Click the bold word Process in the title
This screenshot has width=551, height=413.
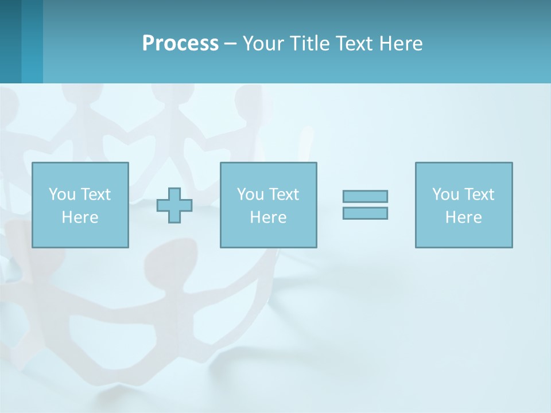[180, 44]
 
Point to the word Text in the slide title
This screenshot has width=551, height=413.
[354, 44]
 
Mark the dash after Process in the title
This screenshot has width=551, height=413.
[231, 44]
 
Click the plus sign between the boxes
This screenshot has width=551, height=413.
[174, 205]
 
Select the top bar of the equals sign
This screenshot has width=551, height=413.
[365, 196]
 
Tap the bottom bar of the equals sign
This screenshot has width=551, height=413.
[365, 213]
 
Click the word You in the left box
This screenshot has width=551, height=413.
[62, 194]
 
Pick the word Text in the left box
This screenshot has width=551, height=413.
[95, 194]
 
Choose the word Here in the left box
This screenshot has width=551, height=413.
[80, 217]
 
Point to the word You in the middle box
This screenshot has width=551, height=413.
[250, 194]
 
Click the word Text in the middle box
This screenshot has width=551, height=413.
[284, 194]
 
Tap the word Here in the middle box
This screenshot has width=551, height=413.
[268, 217]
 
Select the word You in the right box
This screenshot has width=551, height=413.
[445, 194]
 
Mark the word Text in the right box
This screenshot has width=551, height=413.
[479, 194]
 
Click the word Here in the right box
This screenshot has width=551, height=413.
[463, 217]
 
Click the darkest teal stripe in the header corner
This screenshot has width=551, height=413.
[10, 41]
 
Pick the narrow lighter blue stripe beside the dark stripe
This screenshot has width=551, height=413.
[32, 41]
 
